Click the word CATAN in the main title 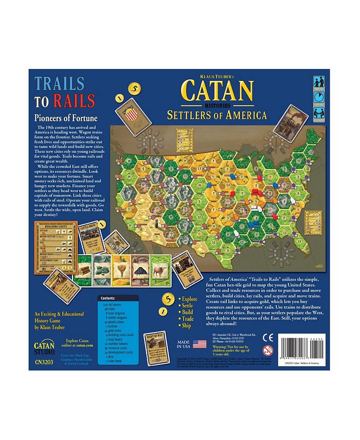(x=217, y=91)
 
